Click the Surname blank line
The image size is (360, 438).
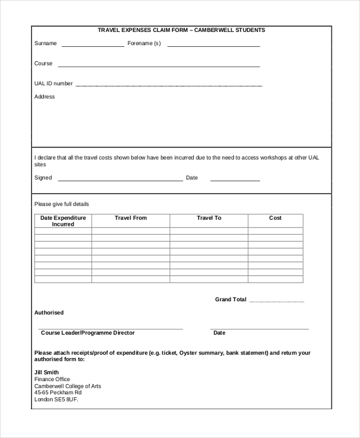click(92, 46)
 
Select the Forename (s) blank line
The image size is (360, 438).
click(213, 46)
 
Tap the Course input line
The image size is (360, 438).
click(158, 66)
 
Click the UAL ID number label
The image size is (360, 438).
click(53, 83)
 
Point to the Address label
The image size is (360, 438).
click(44, 97)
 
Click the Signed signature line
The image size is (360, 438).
click(120, 180)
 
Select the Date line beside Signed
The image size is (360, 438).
click(235, 180)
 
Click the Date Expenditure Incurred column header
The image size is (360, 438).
click(63, 221)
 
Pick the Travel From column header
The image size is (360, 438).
click(130, 218)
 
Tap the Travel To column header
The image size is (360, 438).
click(209, 218)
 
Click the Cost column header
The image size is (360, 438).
click(275, 218)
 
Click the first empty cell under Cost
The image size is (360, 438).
click(275, 231)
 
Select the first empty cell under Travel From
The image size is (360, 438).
click(130, 231)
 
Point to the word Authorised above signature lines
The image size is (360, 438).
click(49, 313)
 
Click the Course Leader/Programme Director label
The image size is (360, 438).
click(88, 332)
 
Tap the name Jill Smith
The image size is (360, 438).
click(47, 372)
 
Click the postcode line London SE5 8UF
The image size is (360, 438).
click(56, 399)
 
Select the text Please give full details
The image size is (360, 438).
click(62, 204)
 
